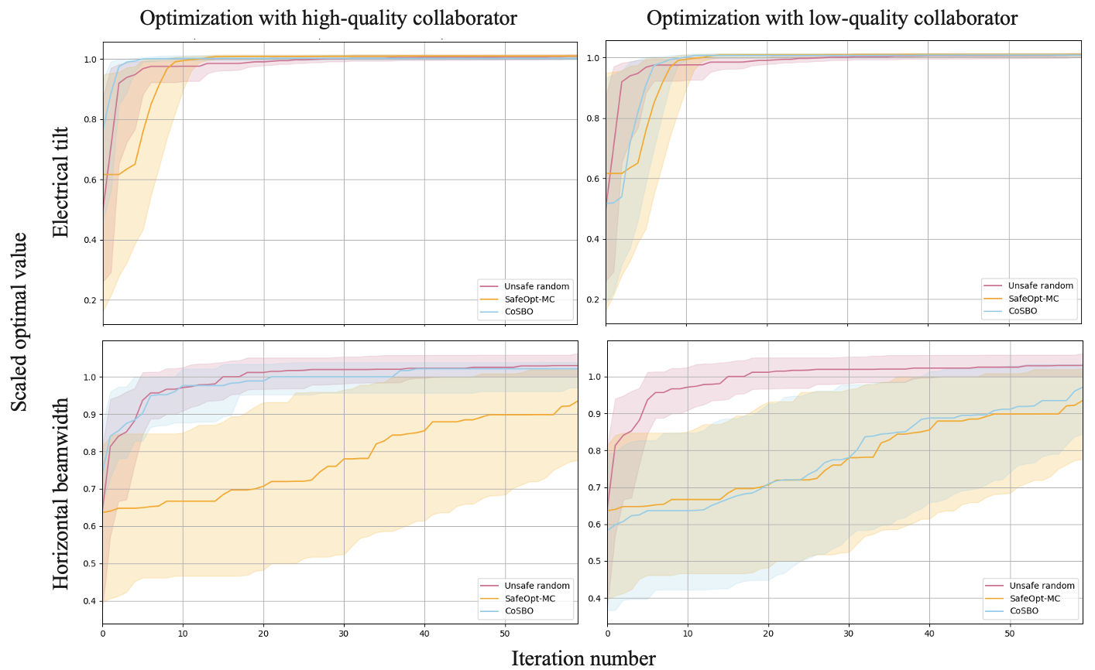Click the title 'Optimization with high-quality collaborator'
[328, 18]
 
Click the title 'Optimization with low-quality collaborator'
[832, 18]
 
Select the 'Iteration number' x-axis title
[583, 658]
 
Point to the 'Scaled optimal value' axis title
[19, 322]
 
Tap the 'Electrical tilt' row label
[60, 183]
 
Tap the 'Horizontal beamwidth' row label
[60, 494]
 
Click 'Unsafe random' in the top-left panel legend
[537, 286]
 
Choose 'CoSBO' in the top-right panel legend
[1022, 311]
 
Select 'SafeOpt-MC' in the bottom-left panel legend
[530, 598]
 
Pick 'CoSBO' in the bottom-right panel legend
[1024, 610]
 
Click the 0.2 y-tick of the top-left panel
[90, 300]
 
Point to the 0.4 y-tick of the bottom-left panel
[90, 601]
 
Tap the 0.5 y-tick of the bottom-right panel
[595, 562]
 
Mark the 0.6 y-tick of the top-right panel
[595, 179]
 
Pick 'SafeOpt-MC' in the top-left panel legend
[530, 299]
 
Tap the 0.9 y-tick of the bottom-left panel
[90, 415]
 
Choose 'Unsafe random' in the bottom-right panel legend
[1042, 586]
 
